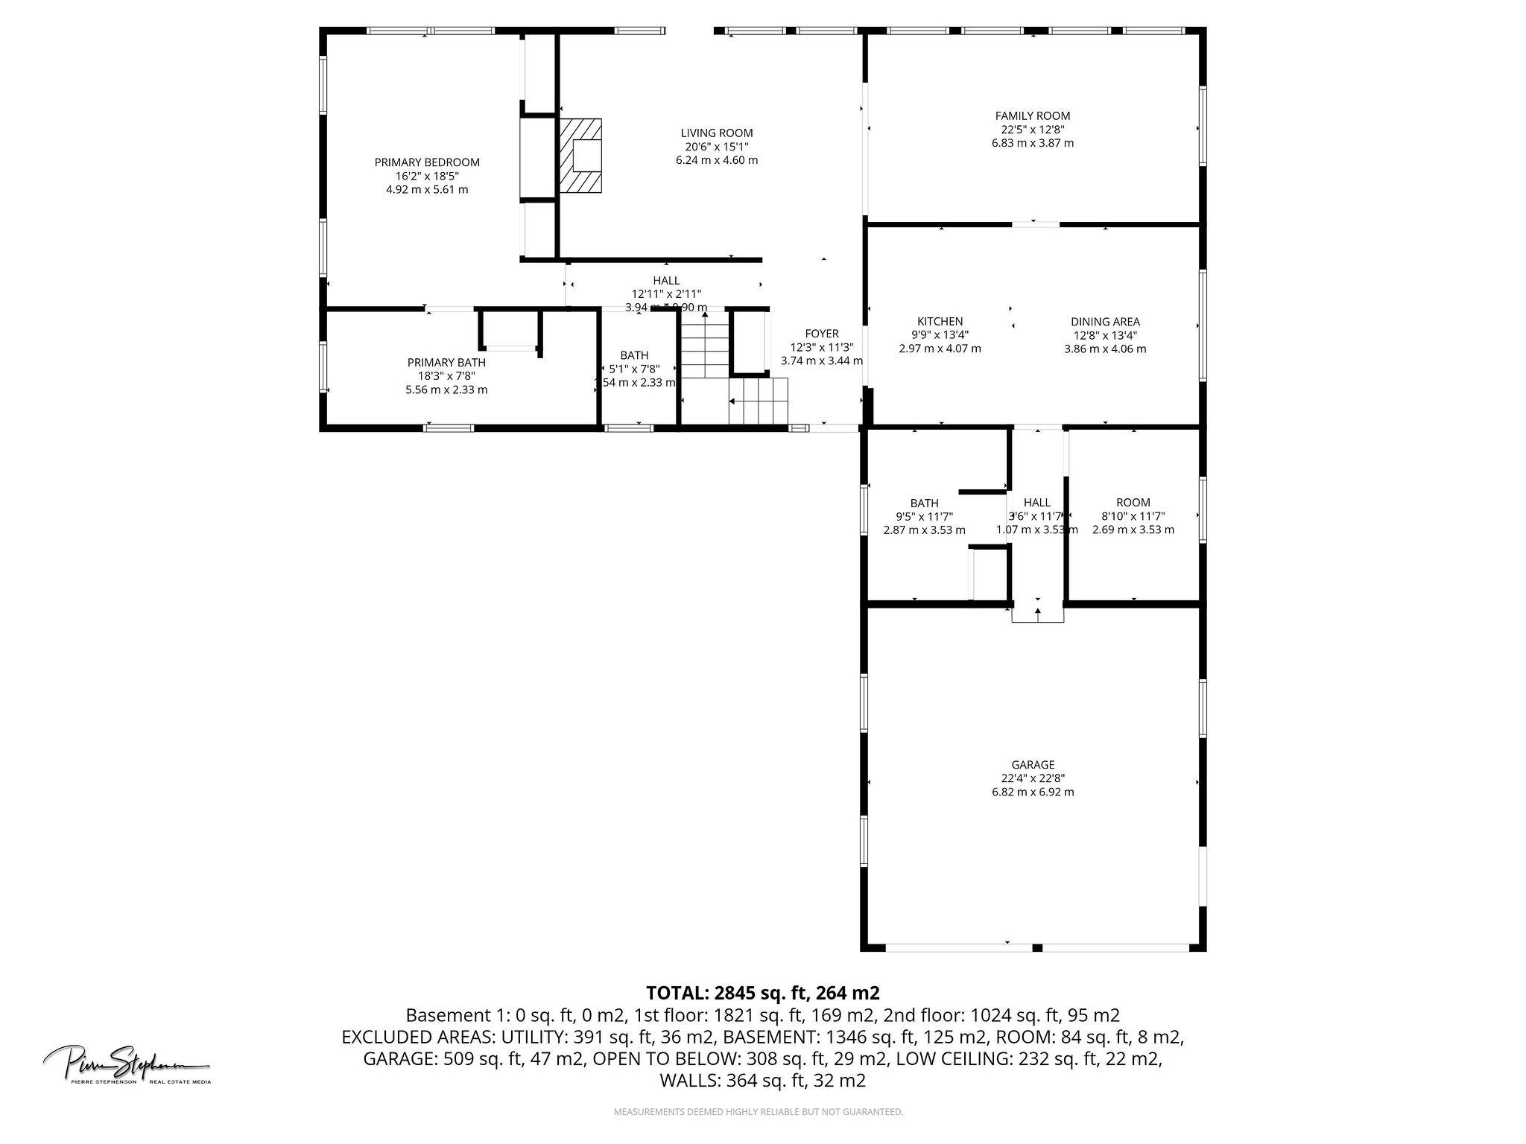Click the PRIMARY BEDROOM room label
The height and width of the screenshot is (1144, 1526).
coord(426,162)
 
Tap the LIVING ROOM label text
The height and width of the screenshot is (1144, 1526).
coord(716,133)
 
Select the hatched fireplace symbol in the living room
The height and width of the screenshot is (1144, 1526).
coord(580,156)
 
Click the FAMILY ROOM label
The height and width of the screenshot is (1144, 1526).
coord(1032,115)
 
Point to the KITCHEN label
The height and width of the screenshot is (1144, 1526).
coord(940,322)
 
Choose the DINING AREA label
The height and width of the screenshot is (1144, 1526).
coord(1105,322)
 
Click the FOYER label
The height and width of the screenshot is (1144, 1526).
coord(821,334)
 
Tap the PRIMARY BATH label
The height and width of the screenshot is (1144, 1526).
coord(446,363)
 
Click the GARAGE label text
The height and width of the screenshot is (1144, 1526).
coord(1032,765)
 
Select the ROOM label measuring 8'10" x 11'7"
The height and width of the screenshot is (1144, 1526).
coord(1133,503)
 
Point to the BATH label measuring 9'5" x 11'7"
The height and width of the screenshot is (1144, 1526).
coord(924,503)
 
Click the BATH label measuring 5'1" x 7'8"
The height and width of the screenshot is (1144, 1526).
coord(634,356)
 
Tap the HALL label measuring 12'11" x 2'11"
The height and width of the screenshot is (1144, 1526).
coord(666,281)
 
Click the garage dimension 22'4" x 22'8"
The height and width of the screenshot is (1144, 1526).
coord(1032,778)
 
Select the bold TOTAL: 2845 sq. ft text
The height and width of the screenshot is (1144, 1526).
coord(762,993)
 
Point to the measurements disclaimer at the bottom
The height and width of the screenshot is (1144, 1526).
coord(758,1112)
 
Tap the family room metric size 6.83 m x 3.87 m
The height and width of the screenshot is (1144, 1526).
coord(1032,143)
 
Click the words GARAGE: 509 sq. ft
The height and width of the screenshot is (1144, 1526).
coord(472,1058)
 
